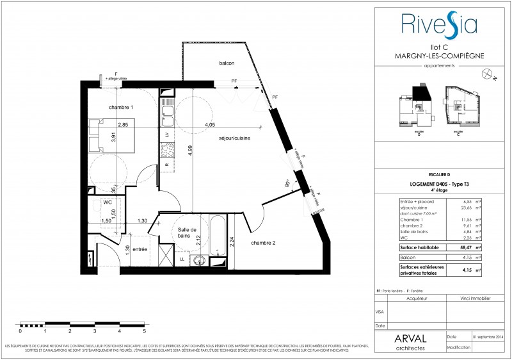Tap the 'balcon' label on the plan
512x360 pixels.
pyautogui.click(x=226, y=63)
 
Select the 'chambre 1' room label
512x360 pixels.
pyautogui.click(x=121, y=107)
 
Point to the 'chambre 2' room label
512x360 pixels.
pyautogui.click(x=264, y=243)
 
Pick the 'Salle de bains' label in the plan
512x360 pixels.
pyautogui.click(x=188, y=234)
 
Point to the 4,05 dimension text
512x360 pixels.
pyautogui.click(x=210, y=124)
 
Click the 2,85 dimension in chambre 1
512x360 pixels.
pyautogui.click(x=123, y=124)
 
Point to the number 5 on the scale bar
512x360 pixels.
pyautogui.click(x=145, y=332)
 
